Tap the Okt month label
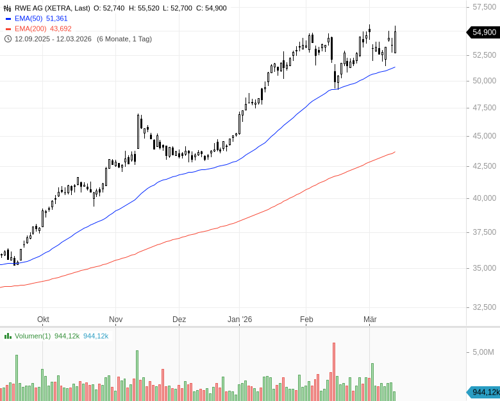[43, 320]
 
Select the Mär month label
[370, 320]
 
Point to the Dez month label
[179, 320]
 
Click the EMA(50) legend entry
[36, 19]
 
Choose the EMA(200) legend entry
[38, 29]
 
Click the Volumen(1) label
[32, 336]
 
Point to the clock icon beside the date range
[8, 38]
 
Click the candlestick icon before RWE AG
[8, 8]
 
